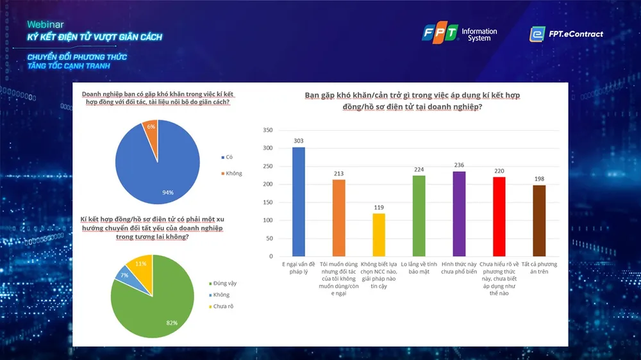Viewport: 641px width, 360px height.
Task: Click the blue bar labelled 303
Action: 299,202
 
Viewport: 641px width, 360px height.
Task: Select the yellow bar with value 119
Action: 379,234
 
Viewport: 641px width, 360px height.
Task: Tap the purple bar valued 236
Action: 459,213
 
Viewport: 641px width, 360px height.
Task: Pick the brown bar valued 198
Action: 539,220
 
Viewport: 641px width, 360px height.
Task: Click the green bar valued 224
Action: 419,216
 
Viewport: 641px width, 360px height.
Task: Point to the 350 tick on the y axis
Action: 268,130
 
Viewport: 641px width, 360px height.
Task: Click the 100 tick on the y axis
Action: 268,220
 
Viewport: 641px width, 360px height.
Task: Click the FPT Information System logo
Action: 458,33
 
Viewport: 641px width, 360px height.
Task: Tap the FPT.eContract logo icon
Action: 537,34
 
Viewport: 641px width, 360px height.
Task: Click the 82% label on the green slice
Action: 171,322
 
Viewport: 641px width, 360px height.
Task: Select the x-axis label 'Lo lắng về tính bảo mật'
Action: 419,267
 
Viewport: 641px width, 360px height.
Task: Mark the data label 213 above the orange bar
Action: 338,173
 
